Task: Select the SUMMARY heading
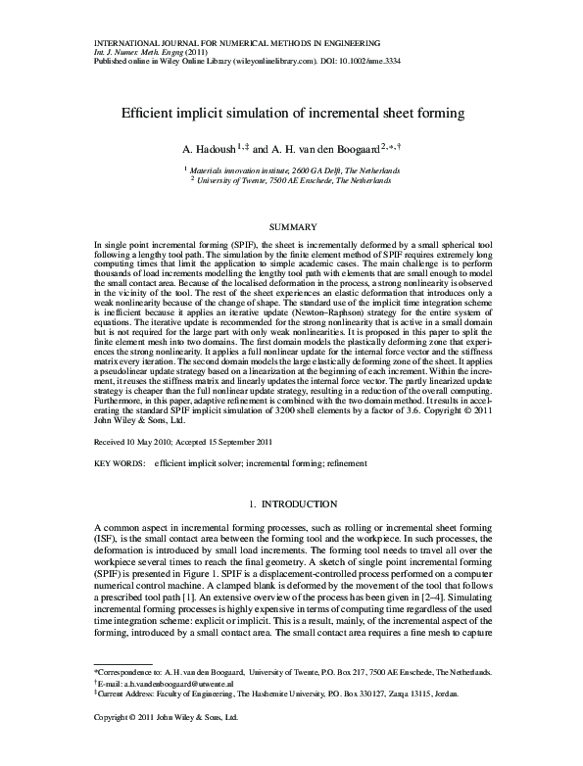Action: tap(291, 226)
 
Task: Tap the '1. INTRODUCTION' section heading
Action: tap(291, 504)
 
